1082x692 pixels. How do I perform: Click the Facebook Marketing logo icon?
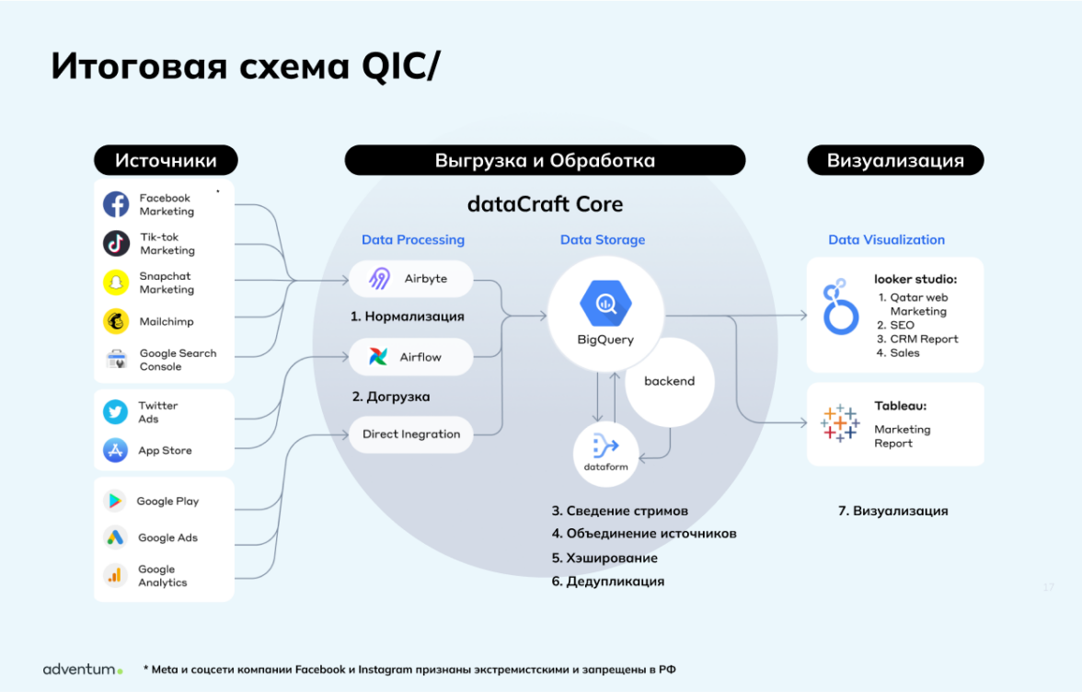(116, 204)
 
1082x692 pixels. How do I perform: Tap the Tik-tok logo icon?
(116, 243)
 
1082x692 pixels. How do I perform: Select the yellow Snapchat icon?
(116, 283)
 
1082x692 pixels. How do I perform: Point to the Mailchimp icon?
(116, 321)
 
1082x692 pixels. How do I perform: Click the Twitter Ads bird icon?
(116, 411)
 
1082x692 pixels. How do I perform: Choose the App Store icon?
(116, 450)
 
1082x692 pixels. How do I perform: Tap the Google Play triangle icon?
(115, 501)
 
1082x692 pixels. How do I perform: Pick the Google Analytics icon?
(115, 575)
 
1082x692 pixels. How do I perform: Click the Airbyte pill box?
(410, 278)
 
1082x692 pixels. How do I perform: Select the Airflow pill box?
(410, 356)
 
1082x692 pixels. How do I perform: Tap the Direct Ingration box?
(410, 434)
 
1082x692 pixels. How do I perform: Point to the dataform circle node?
(605, 451)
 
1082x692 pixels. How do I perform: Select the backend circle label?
(669, 381)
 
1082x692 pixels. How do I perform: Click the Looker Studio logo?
(839, 308)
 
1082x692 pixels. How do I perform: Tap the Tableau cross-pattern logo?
(839, 421)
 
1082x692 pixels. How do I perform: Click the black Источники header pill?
(166, 160)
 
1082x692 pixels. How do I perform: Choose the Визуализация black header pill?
(895, 160)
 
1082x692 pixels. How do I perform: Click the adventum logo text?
(82, 669)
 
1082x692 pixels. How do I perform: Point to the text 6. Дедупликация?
(607, 581)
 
